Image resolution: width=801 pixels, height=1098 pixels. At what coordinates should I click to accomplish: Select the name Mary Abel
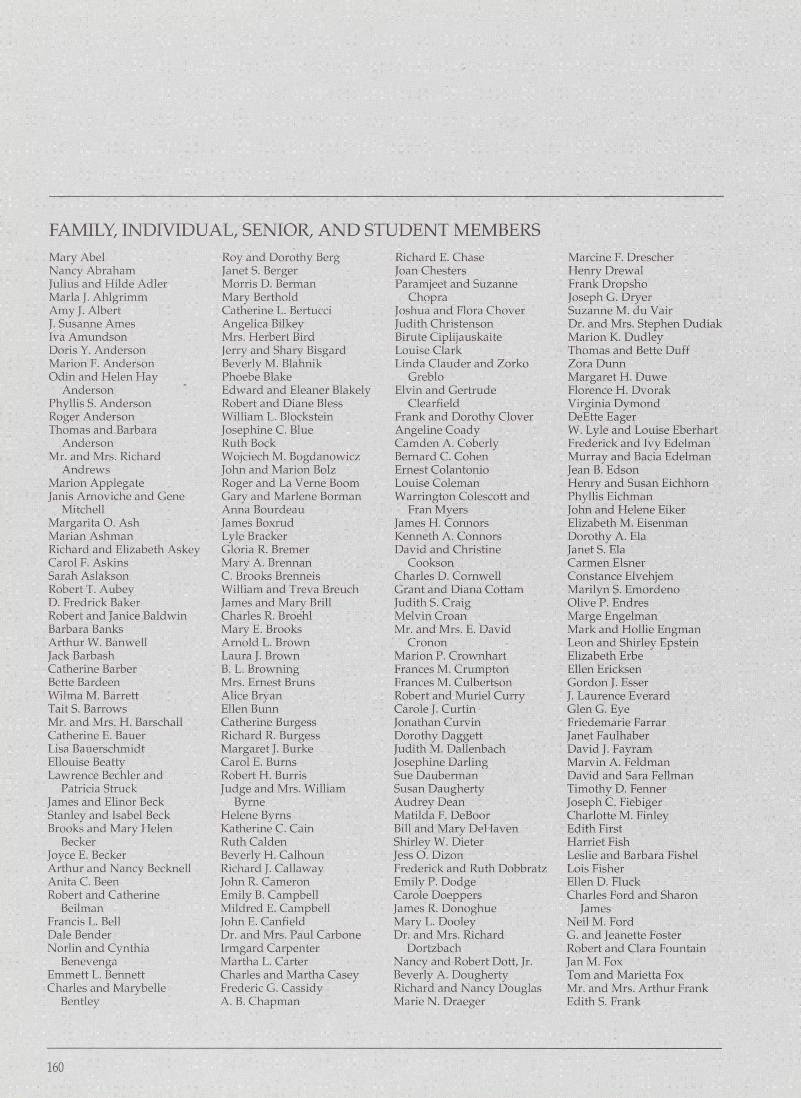[77, 258]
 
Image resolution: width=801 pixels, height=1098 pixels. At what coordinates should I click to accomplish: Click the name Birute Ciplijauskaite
[448, 337]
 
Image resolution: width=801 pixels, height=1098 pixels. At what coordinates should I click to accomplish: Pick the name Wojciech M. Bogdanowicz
[291, 457]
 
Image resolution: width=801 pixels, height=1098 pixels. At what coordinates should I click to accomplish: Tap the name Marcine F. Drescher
[621, 258]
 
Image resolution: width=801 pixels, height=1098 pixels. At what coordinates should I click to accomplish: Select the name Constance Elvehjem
[620, 576]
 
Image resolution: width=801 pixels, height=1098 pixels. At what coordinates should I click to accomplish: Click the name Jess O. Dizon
[429, 855]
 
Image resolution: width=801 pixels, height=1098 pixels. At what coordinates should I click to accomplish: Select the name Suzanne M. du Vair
[620, 310]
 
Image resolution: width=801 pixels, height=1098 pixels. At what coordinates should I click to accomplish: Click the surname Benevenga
[89, 961]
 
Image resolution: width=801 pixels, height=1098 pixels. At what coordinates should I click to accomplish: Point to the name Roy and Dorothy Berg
[281, 258]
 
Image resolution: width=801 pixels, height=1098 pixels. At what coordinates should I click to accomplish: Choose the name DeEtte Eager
[602, 417]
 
